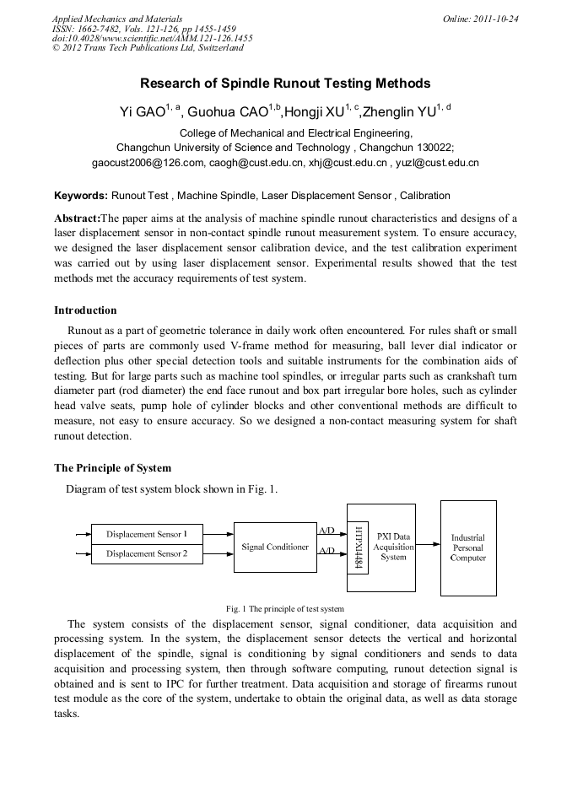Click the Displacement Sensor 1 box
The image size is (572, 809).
[x=147, y=534]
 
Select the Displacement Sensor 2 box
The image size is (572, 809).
[x=147, y=554]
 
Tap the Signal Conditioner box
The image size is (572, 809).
[x=275, y=547]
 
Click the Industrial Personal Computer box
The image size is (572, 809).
[x=468, y=547]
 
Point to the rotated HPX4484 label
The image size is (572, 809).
[x=358, y=547]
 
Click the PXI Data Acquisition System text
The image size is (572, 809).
[x=393, y=546]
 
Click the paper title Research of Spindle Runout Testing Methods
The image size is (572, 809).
[x=285, y=84]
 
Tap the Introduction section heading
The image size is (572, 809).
[x=85, y=310]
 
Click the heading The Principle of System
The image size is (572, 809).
[x=112, y=468]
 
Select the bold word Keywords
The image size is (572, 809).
[x=81, y=196]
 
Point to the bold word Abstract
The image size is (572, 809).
[x=77, y=218]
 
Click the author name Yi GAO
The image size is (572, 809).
[x=142, y=112]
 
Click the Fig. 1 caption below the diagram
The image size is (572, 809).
[x=285, y=608]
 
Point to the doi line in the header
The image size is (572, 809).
[x=152, y=38]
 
